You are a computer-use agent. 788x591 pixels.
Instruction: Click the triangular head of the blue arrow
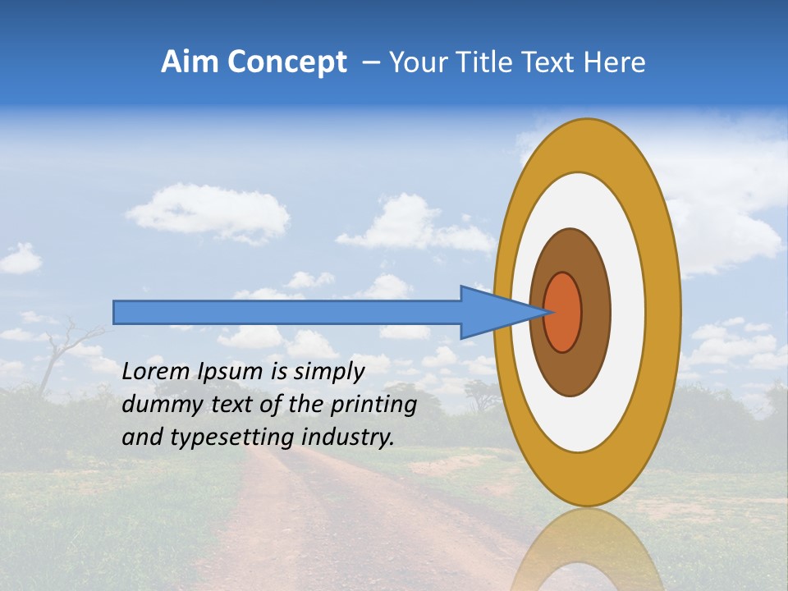[492, 312]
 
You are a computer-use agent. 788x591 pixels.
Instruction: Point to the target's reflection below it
[587, 550]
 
